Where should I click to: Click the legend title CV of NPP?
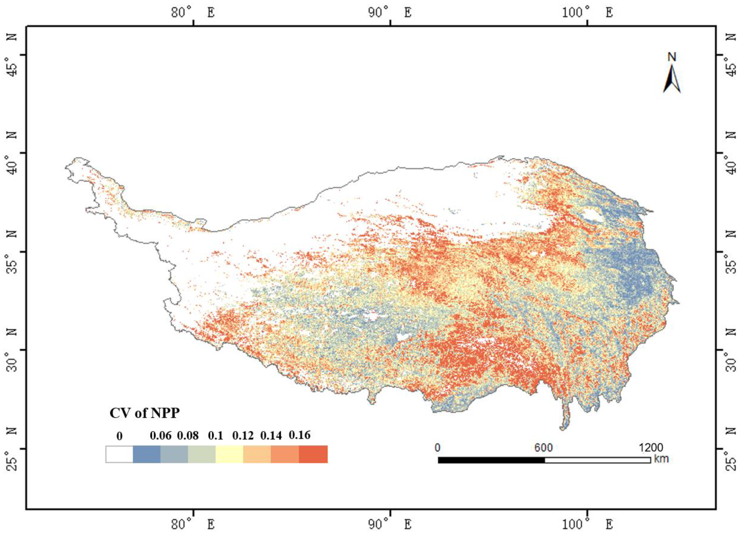tap(144, 413)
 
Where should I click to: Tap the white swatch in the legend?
tap(119, 454)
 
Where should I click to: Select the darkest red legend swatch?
tap(313, 454)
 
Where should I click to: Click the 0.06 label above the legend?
tap(160, 436)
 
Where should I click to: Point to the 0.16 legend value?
tap(299, 435)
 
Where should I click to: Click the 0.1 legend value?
tap(215, 436)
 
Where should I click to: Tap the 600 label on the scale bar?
tap(543, 447)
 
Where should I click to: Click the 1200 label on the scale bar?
tap(651, 447)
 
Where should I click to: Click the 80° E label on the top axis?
tap(193, 13)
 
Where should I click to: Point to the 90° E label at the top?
tap(389, 13)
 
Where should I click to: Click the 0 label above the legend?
tap(119, 436)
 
